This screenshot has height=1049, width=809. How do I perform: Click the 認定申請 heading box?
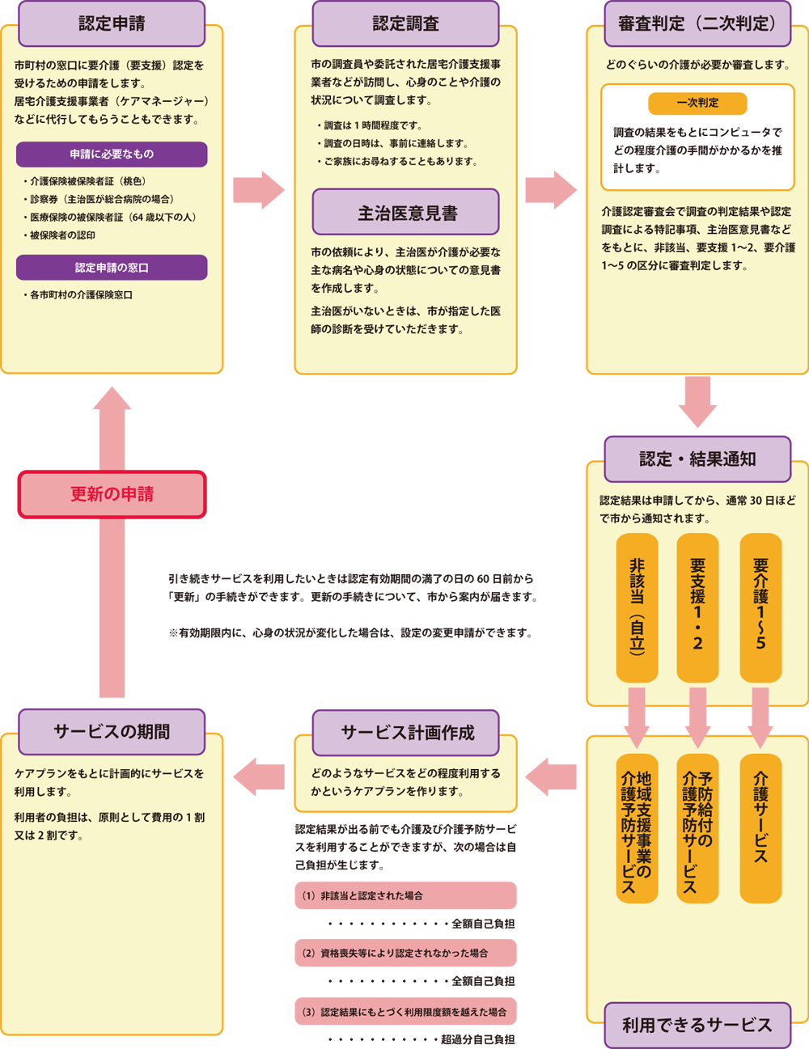click(112, 23)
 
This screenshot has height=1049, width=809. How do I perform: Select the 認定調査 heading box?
click(405, 23)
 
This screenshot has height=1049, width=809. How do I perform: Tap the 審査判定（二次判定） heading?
click(697, 23)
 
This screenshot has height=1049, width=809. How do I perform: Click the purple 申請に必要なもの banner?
click(112, 154)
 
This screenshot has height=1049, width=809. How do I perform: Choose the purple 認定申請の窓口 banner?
click(112, 268)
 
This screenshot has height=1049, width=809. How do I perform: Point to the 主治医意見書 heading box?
click(405, 212)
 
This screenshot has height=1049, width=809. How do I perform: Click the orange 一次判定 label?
click(697, 104)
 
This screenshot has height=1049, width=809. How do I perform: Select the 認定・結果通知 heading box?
click(697, 459)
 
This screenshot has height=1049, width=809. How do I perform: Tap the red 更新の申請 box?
click(112, 495)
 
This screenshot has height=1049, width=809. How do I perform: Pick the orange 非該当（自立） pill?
click(637, 607)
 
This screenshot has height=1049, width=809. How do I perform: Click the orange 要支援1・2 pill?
click(697, 607)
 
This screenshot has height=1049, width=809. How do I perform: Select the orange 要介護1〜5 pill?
click(760, 607)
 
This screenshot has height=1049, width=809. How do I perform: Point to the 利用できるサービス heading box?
click(697, 1025)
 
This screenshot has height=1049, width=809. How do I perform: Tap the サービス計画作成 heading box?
click(405, 733)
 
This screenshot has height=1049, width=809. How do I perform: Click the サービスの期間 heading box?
click(112, 732)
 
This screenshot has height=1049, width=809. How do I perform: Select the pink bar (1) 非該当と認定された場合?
click(405, 895)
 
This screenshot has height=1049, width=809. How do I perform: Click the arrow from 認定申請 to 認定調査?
click(259, 190)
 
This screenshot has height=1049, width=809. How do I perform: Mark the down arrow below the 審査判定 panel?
click(697, 402)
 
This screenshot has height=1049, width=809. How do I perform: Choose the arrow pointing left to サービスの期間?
click(259, 776)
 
